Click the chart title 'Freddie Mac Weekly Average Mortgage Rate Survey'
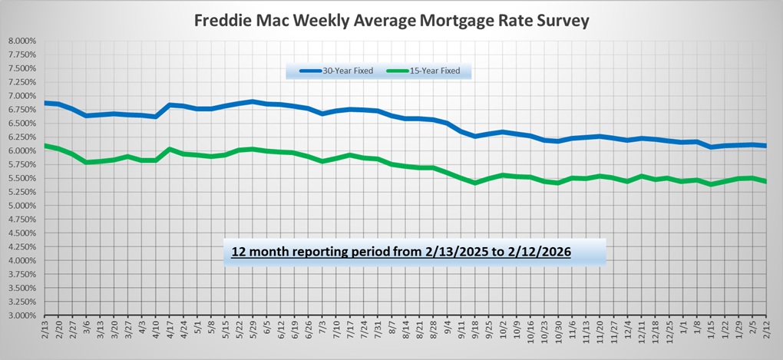pos(391,21)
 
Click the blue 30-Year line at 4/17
pos(170,104)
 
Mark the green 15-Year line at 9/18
pos(476,183)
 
